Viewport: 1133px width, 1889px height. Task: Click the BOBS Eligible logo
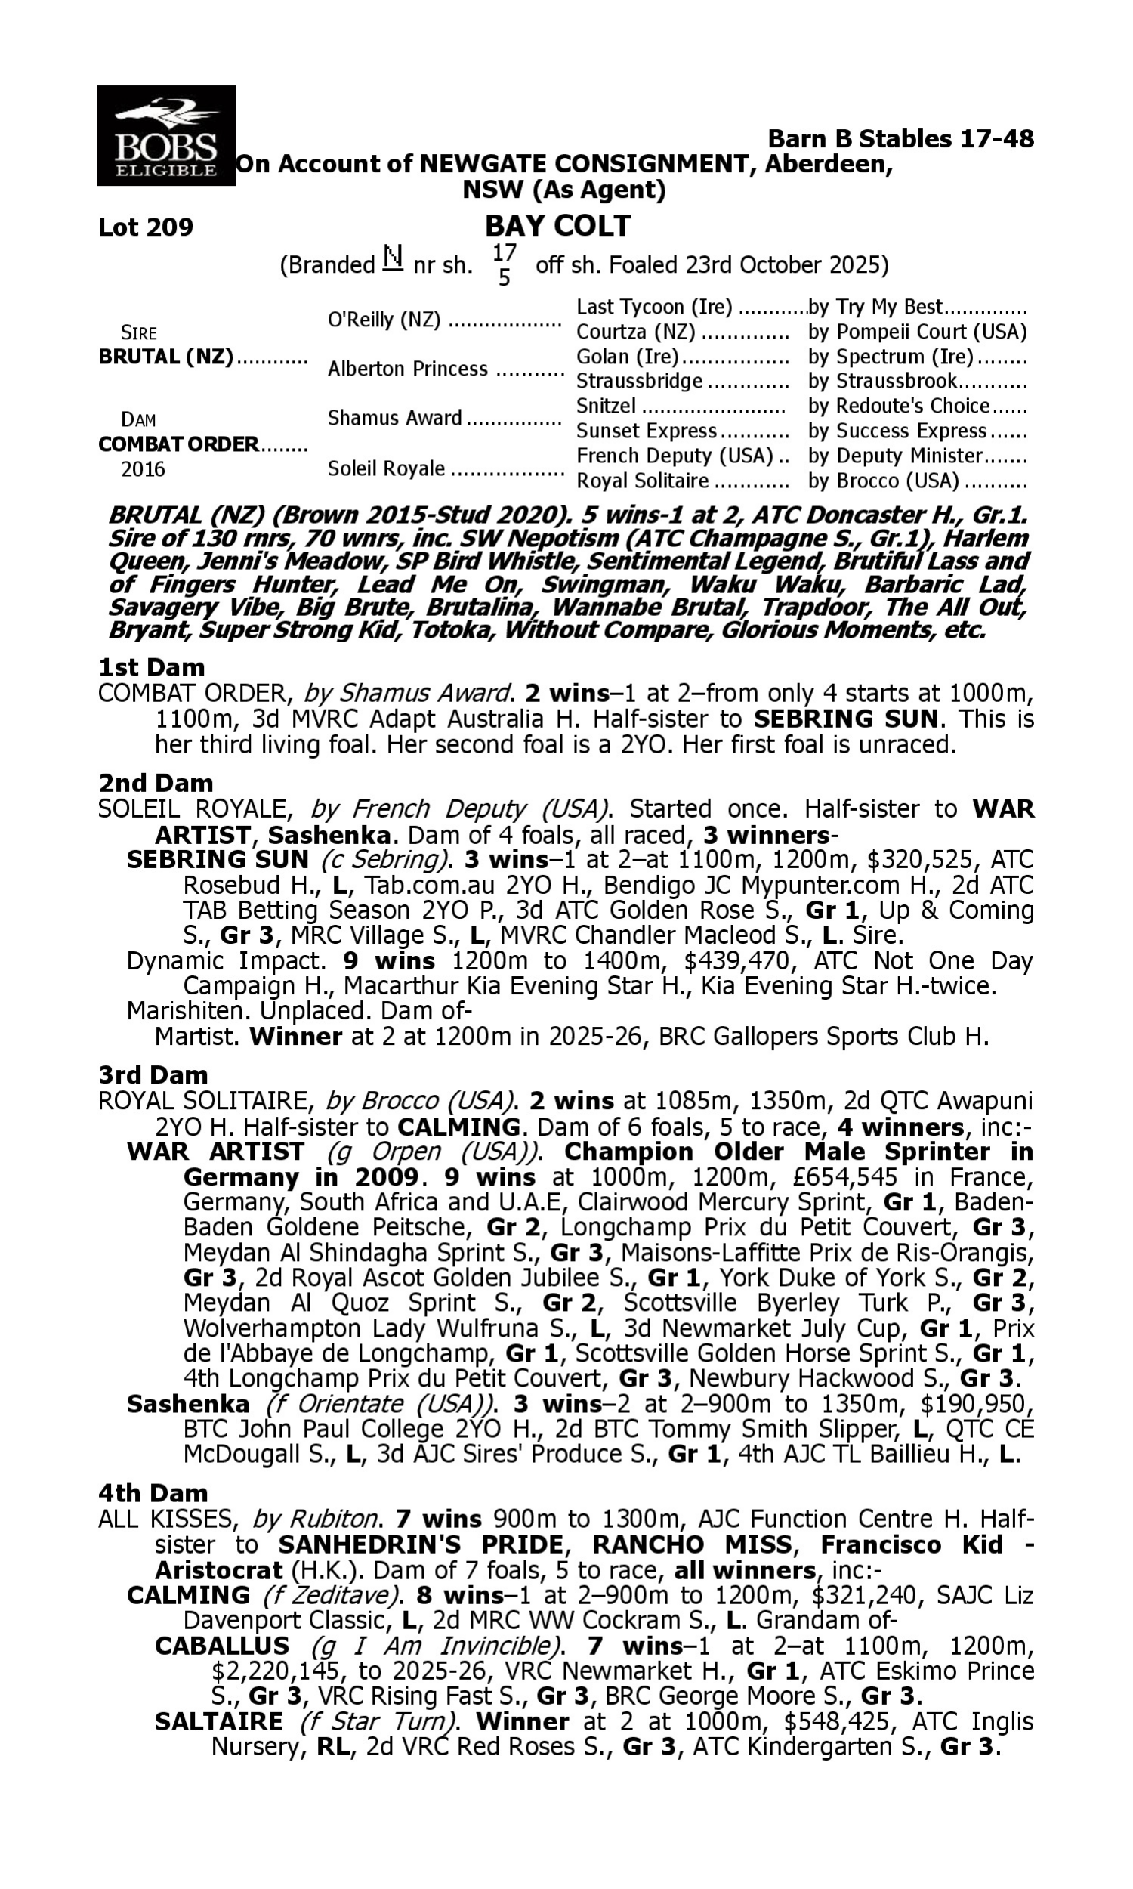(x=165, y=136)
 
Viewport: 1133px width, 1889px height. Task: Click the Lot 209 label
(x=146, y=227)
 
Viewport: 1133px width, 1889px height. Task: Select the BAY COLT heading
(x=557, y=226)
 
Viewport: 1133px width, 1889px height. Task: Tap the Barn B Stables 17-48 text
(x=900, y=139)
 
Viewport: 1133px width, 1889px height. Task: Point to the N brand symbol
(x=393, y=259)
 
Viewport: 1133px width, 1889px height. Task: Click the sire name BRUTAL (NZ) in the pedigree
(x=165, y=357)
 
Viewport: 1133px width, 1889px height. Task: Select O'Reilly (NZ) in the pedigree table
(x=384, y=320)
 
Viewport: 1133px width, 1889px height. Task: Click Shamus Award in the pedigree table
(x=395, y=418)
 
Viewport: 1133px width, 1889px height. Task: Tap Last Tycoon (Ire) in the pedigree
(x=654, y=307)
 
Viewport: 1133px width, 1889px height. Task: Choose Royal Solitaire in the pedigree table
(x=643, y=481)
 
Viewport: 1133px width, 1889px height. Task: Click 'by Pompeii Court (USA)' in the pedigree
(x=917, y=332)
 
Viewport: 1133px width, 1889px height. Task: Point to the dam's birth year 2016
(x=143, y=468)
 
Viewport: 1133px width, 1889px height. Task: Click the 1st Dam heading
(x=151, y=667)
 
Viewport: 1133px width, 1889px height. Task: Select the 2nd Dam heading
(x=156, y=783)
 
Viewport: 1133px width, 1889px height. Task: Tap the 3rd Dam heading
(x=153, y=1075)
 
